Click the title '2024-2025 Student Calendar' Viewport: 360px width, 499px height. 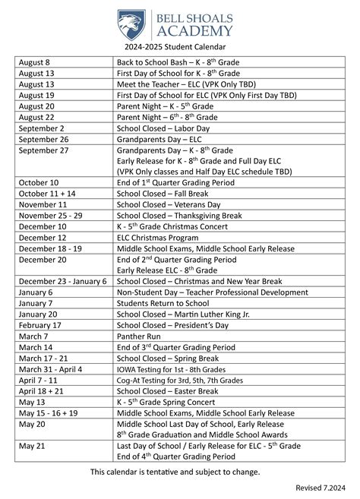(181, 49)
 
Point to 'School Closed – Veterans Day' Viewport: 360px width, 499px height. (168, 205)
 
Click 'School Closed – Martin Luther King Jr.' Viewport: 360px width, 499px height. (185, 314)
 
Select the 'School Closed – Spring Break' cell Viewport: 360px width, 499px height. (167, 358)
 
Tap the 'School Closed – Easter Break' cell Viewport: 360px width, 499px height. (167, 390)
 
